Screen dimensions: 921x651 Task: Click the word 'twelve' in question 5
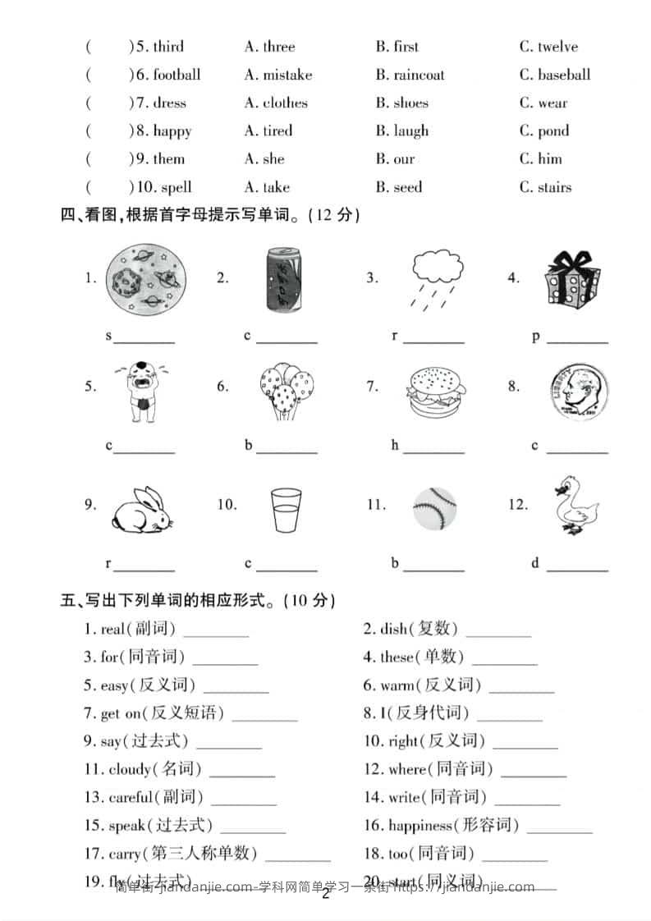coord(557,47)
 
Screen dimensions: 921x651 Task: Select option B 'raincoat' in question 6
coord(419,75)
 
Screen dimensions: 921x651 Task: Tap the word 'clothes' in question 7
coord(285,103)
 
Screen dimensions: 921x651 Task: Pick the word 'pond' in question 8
coord(553,131)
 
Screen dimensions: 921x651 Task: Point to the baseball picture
coord(434,508)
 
